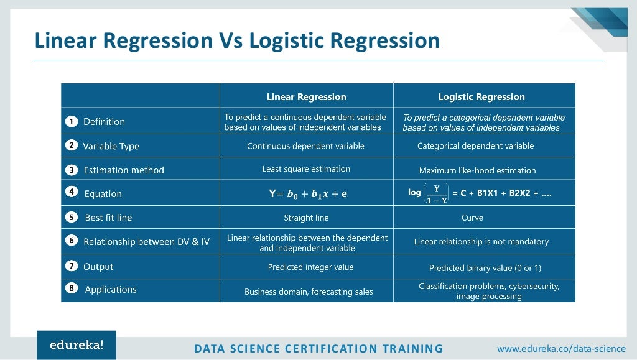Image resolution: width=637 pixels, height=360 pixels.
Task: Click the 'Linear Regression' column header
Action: coord(306,96)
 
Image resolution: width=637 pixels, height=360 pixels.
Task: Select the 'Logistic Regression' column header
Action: coord(481,96)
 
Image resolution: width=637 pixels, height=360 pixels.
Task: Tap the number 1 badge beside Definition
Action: coord(72,122)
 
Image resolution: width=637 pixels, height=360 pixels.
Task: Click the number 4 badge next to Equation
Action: coord(72,193)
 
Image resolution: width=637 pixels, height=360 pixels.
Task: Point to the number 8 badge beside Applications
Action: coord(72,289)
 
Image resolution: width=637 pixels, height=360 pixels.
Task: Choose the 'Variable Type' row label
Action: coord(111,146)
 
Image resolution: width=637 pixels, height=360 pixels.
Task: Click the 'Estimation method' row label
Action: coord(124,170)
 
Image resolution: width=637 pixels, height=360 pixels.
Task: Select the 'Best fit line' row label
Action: coord(108,218)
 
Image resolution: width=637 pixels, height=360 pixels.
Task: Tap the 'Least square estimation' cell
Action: coord(306,169)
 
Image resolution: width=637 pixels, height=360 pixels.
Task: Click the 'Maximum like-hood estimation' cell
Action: coord(477,170)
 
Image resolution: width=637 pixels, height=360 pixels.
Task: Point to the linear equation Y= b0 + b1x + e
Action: coord(308,193)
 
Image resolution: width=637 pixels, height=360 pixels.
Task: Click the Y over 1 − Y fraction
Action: coord(437,194)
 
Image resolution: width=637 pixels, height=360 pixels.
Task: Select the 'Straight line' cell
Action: coord(306,218)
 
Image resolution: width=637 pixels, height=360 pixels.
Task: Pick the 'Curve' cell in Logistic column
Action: coord(472,218)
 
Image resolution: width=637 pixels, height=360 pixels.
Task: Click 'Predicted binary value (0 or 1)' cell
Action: coord(485,268)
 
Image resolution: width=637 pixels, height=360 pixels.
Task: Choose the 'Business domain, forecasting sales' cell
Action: coord(309,292)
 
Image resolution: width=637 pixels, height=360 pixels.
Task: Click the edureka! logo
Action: coord(77,345)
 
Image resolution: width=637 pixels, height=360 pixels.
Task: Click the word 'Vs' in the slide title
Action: coord(231,40)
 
